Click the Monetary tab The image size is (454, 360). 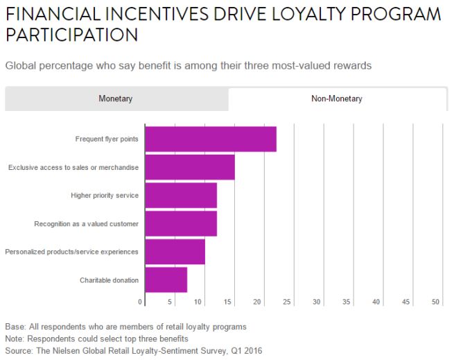(x=115, y=98)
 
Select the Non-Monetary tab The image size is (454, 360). (x=336, y=98)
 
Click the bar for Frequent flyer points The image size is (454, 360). (x=211, y=139)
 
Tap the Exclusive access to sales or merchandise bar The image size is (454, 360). (x=190, y=167)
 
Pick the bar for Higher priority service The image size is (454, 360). (x=181, y=195)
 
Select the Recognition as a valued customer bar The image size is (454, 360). (x=181, y=223)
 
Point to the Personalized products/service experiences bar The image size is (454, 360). (x=175, y=251)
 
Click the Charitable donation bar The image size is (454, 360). (x=166, y=280)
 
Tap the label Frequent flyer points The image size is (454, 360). (x=107, y=139)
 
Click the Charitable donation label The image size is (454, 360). (x=109, y=280)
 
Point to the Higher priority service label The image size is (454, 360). (x=105, y=196)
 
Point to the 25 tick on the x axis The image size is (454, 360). (x=287, y=302)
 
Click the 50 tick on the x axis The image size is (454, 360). (x=436, y=302)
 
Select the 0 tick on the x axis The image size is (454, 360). (x=141, y=302)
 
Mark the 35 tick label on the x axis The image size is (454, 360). (x=347, y=302)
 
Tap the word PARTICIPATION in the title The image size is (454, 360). (x=70, y=34)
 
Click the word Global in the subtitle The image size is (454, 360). (x=22, y=66)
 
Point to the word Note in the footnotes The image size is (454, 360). (x=15, y=338)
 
